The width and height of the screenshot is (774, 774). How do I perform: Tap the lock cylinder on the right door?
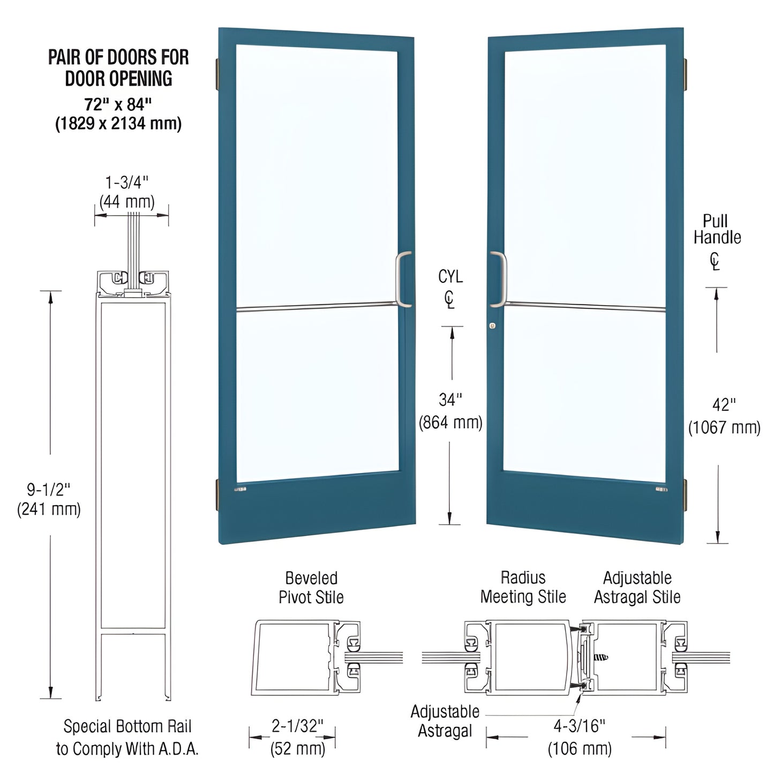pos(492,326)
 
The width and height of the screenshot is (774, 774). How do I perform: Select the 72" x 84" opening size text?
pos(118,104)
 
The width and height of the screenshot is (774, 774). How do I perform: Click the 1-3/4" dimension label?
pos(127,183)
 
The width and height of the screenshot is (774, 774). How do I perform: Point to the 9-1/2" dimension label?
pos(49,489)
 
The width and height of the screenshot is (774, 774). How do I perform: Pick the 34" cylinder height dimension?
pos(450,400)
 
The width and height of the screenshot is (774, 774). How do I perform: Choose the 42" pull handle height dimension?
pos(724,405)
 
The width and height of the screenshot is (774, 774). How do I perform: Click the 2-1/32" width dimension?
pos(297,726)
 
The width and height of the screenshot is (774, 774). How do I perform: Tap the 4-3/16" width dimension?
pos(580,726)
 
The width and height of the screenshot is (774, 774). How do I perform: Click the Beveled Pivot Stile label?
pos(311,588)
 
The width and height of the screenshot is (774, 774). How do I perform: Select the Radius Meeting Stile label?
pos(523,587)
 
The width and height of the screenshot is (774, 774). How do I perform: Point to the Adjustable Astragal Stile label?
pos(637,587)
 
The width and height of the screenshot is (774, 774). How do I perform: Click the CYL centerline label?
pos(450,277)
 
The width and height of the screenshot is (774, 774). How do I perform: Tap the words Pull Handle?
pos(717,229)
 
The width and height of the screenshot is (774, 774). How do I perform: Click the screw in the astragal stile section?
pos(602,656)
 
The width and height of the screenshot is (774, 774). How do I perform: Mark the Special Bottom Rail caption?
pos(127,738)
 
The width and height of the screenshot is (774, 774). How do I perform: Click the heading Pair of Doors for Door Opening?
pos(118,67)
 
